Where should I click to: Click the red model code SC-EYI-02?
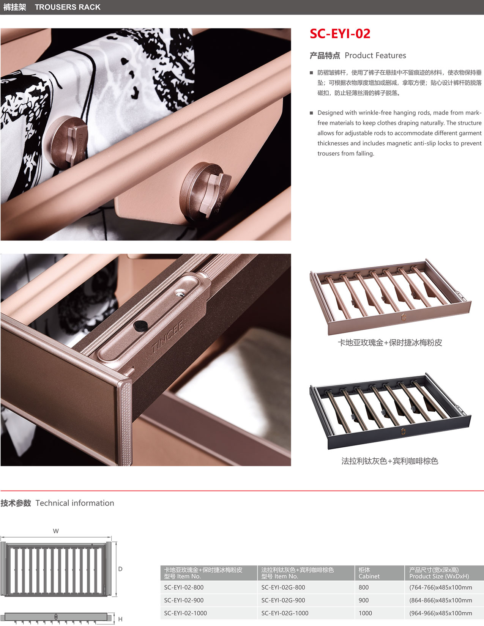340,34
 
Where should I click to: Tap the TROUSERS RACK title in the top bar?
68,7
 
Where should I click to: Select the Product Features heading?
358,55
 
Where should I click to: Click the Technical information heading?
57,503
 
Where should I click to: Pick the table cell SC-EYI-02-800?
184,587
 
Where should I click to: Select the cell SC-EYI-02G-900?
283,600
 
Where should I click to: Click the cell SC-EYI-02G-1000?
285,613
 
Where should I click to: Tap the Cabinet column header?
369,576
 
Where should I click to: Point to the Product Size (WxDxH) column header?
439,576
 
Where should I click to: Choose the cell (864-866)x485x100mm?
441,600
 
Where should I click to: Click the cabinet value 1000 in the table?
365,613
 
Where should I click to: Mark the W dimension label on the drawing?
56,531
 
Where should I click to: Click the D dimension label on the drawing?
120,569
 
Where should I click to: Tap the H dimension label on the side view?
120,619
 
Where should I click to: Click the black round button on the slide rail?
140,326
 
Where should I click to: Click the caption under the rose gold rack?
390,343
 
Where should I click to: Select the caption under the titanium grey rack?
390,461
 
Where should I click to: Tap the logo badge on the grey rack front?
403,431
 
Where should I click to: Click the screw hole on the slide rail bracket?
180,293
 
